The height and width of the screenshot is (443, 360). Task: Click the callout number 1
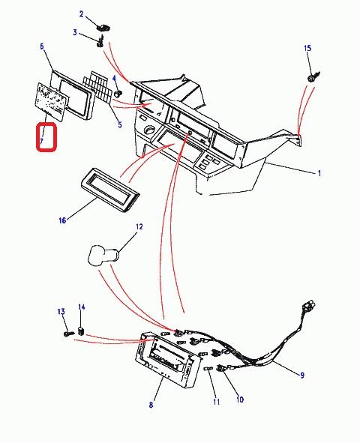[x=319, y=173]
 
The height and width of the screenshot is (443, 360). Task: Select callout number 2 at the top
[x=81, y=14]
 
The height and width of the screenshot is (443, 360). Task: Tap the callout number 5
[x=120, y=124]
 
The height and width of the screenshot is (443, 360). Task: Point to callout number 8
[x=151, y=405]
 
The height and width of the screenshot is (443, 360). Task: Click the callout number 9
[x=302, y=376]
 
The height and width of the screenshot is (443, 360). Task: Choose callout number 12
[x=139, y=226]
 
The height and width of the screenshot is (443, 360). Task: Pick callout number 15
[x=307, y=48]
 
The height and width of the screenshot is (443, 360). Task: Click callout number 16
[x=62, y=220]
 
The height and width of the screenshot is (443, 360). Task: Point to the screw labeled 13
[x=69, y=334]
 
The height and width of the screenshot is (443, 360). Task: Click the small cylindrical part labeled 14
[x=81, y=331]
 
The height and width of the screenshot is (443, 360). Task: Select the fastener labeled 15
[x=313, y=76]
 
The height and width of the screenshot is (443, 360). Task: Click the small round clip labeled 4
[x=118, y=93]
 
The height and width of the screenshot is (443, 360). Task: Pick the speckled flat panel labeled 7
[x=51, y=102]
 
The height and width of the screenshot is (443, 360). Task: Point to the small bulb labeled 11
[x=207, y=369]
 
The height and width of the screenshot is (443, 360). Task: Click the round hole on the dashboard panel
[x=148, y=130]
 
